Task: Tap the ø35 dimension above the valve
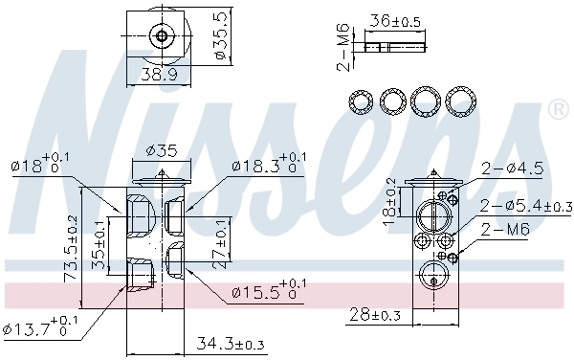tap(162, 149)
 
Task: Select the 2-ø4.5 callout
tap(512, 169)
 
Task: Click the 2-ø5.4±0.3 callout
tap(524, 205)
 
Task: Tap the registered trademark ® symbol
tap(556, 112)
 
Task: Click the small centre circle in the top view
tap(162, 38)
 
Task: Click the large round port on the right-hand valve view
tap(432, 213)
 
